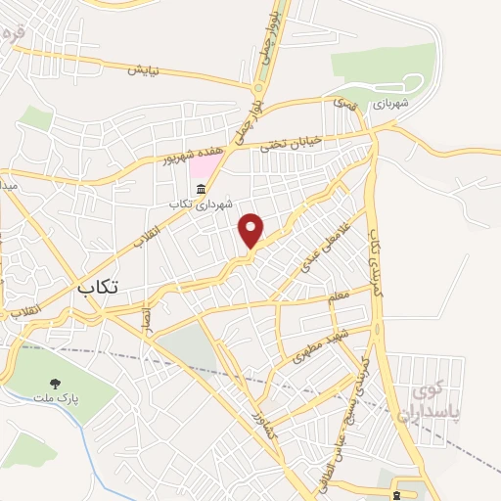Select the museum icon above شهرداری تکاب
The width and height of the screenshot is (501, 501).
click(x=202, y=188)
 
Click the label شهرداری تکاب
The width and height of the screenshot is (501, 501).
click(x=202, y=204)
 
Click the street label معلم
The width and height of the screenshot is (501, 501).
click(x=340, y=295)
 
